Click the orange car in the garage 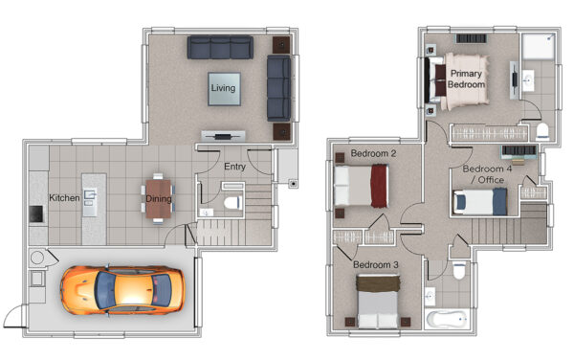click(x=122, y=290)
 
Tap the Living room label click(x=223, y=88)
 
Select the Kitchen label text click(x=64, y=198)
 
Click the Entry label click(x=234, y=167)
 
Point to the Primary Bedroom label click(x=467, y=79)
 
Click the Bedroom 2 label click(x=373, y=153)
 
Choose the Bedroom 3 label click(x=376, y=264)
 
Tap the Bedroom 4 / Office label click(x=487, y=174)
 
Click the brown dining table click(x=159, y=199)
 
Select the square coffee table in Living click(x=224, y=89)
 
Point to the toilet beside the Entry click(x=232, y=203)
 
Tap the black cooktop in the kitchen click(x=36, y=214)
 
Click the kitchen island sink click(x=90, y=198)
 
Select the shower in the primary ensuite click(x=538, y=47)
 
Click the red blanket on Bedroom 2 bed click(x=379, y=186)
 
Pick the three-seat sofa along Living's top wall click(x=220, y=47)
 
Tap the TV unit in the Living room click(x=223, y=137)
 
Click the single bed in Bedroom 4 click(x=480, y=202)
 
